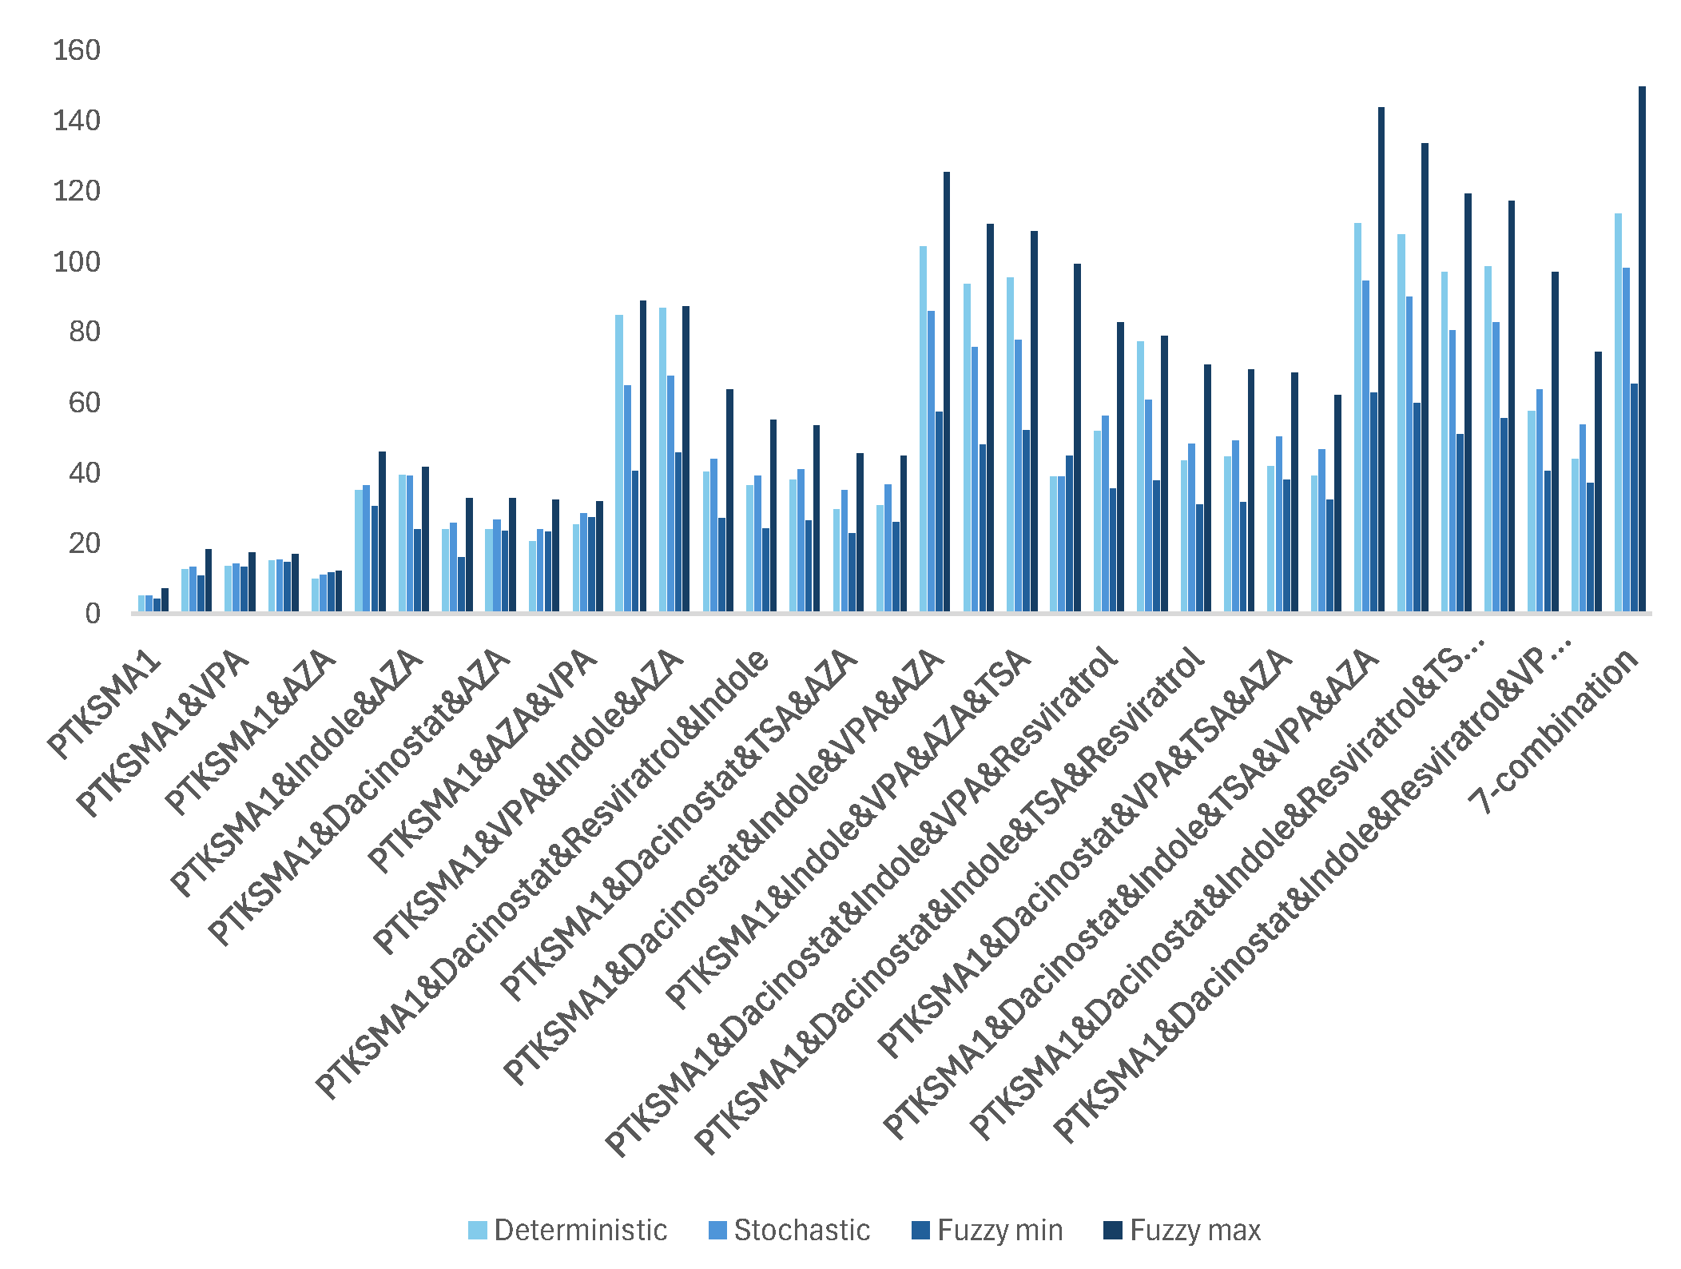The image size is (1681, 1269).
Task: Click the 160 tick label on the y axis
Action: (x=77, y=50)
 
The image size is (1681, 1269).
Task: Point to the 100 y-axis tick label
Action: (x=77, y=262)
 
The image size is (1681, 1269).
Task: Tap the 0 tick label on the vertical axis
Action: (x=93, y=614)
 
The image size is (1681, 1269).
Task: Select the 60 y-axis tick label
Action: (x=85, y=403)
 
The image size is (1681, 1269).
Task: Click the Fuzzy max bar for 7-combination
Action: (x=1642, y=352)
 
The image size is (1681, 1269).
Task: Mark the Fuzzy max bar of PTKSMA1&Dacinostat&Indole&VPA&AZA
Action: (x=947, y=392)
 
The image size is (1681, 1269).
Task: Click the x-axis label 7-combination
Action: (x=1554, y=731)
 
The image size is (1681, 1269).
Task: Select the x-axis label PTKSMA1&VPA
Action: (x=164, y=731)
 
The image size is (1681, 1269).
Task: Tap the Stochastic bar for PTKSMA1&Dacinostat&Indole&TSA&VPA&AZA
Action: (x=1365, y=448)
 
